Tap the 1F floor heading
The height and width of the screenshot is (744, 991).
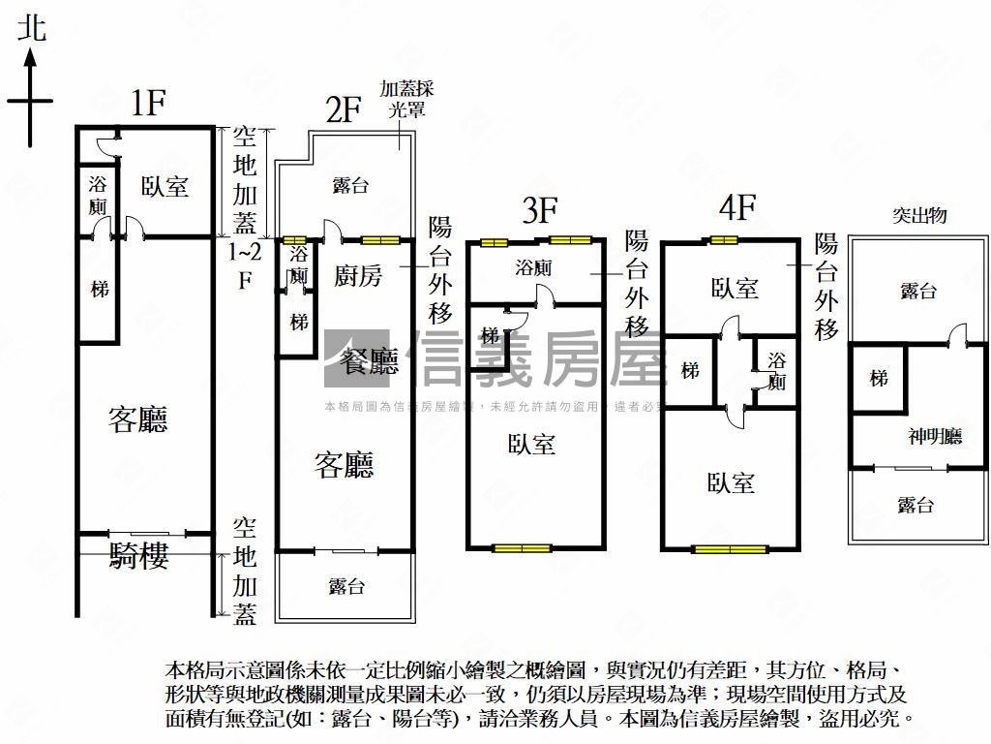click(149, 103)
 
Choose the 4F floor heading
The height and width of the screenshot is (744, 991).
click(736, 207)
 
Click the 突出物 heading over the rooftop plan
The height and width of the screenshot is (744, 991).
click(918, 215)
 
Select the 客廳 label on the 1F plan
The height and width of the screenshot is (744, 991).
click(138, 419)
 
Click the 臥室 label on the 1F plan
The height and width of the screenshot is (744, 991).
click(165, 186)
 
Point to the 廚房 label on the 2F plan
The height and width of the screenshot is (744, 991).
click(358, 276)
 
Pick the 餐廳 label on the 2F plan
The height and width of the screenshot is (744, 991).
click(371, 362)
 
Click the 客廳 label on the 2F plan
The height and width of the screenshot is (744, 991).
click(345, 466)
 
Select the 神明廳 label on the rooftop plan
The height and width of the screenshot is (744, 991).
click(935, 436)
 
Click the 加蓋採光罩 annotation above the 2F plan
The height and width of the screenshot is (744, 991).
click(406, 99)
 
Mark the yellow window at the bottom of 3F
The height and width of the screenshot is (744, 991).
click(522, 548)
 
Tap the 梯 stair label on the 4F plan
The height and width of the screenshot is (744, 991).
click(690, 371)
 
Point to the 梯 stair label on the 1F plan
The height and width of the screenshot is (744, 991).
click(99, 289)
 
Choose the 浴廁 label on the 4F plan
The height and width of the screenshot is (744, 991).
click(777, 371)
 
